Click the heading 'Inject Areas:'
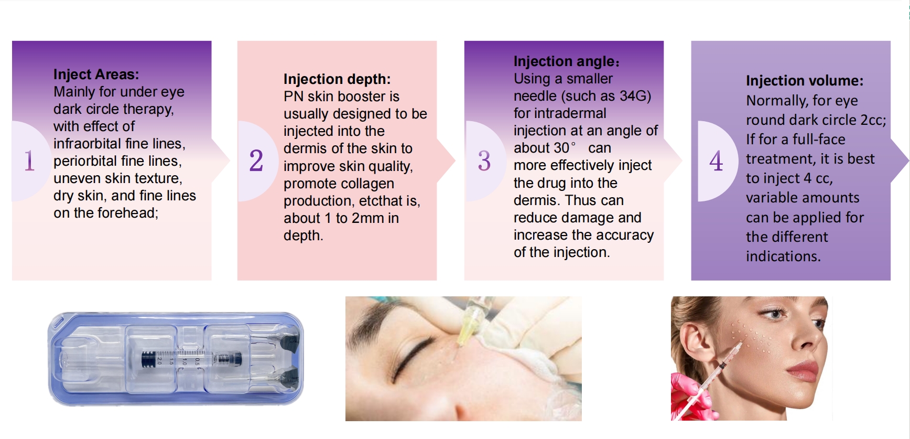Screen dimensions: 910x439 [x=96, y=74]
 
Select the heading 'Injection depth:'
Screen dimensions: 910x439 [x=337, y=79]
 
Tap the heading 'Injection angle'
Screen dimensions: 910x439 [x=564, y=61]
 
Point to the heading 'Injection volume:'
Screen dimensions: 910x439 [x=805, y=81]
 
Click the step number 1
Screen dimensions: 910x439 [x=29, y=160]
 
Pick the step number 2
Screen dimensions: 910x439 [x=256, y=160]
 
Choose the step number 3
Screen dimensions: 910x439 [x=484, y=160]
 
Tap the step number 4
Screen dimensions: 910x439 [x=716, y=160]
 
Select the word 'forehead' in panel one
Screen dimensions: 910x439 [x=132, y=213]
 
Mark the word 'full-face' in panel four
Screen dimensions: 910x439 [x=819, y=140]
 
